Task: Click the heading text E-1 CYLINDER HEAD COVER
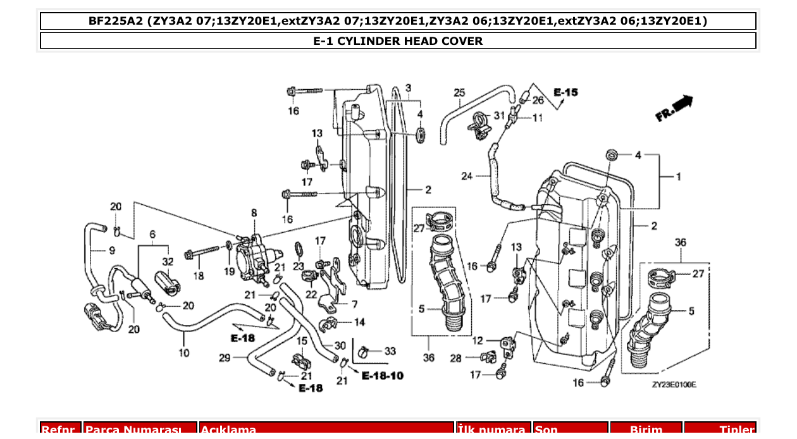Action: pyautogui.click(x=398, y=41)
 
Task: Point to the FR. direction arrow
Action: pyautogui.click(x=674, y=108)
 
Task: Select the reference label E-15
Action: pyautogui.click(x=565, y=92)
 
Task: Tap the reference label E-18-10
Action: pyautogui.click(x=383, y=376)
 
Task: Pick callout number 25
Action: pyautogui.click(x=459, y=93)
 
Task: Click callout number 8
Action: pyautogui.click(x=254, y=213)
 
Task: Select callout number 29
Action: pyautogui.click(x=224, y=358)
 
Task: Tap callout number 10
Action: pyautogui.click(x=183, y=352)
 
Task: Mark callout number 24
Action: pyautogui.click(x=467, y=176)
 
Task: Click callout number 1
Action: pyautogui.click(x=679, y=176)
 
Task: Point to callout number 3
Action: pyautogui.click(x=408, y=87)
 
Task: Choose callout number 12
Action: pyautogui.click(x=478, y=341)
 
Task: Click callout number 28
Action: pyautogui.click(x=455, y=359)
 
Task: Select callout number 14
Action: pyautogui.click(x=359, y=322)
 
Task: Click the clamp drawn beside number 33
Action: pyautogui.click(x=364, y=349)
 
